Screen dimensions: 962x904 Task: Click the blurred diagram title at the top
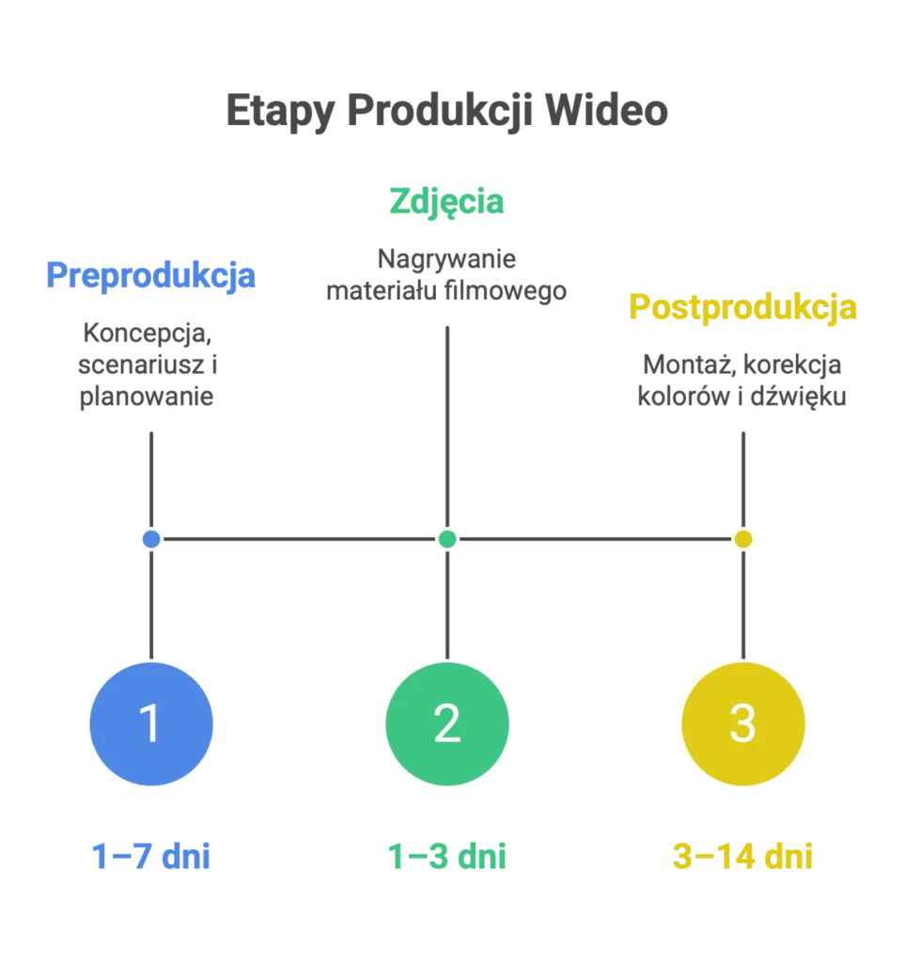[x=446, y=111]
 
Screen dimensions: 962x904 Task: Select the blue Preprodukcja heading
[x=150, y=276]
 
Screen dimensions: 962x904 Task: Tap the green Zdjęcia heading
[x=446, y=202]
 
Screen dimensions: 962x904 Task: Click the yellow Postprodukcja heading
[x=742, y=307]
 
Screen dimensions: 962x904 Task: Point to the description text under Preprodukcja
[x=148, y=364]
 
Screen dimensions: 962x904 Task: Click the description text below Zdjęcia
[x=446, y=272]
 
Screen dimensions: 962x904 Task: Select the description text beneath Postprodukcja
[x=740, y=379]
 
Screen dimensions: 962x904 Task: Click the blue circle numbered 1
[x=150, y=724]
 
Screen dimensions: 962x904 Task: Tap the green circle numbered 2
[x=446, y=724]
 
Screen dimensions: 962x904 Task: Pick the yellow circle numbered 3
[x=742, y=724]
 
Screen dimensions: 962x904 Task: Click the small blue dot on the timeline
[x=150, y=539]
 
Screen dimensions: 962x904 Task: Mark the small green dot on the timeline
[x=447, y=539]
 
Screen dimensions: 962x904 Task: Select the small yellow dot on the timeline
[x=742, y=539]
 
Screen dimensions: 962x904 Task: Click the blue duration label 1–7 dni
[x=150, y=856]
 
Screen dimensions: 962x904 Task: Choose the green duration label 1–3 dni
[x=446, y=856]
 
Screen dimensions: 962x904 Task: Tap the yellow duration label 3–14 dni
[x=742, y=856]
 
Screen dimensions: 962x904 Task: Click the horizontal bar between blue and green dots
[x=299, y=540]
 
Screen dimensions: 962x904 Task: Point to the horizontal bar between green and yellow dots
[x=595, y=540]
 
